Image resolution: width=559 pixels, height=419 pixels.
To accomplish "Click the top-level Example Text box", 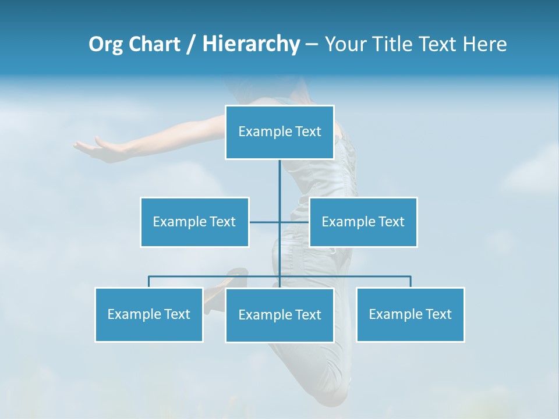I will [279, 132].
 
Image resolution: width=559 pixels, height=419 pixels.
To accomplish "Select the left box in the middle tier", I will [194, 222].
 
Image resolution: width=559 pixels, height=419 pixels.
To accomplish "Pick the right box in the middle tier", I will [363, 222].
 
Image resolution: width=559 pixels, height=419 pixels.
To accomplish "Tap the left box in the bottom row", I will [149, 314].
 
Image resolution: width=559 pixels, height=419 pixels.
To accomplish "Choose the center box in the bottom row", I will [279, 315].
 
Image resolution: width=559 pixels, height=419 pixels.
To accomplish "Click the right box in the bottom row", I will [411, 314].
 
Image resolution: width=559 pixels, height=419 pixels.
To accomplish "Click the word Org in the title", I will [105, 44].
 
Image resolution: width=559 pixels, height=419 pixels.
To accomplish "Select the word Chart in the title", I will [154, 44].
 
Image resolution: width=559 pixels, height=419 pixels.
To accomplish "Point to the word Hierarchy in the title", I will [250, 44].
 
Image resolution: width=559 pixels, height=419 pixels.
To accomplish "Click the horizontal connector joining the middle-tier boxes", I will [265, 222].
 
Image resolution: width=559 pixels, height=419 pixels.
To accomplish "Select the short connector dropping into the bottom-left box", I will [149, 282].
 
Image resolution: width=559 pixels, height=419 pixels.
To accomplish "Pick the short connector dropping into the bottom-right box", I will [411, 282].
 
